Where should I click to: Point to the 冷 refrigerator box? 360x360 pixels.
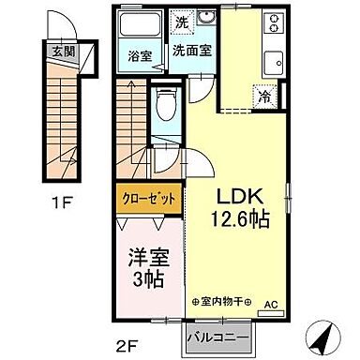(265, 96)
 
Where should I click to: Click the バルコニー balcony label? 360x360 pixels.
(217, 334)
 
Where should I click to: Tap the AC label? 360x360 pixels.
(270, 305)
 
